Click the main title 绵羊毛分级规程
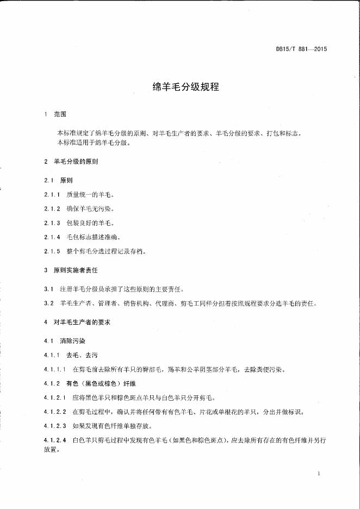(185, 86)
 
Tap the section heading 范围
(60, 115)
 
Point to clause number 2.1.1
(52, 194)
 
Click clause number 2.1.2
(52, 209)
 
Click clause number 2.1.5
(52, 251)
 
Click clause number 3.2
(48, 303)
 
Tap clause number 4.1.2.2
(54, 412)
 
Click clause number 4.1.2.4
(54, 440)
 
